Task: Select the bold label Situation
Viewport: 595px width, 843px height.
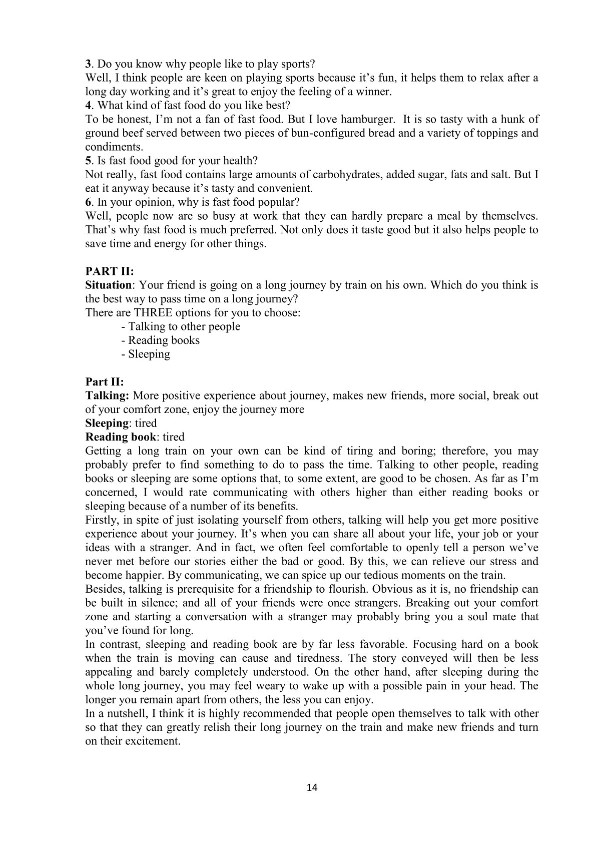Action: click(x=108, y=285)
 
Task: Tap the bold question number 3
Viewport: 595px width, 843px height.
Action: click(x=88, y=64)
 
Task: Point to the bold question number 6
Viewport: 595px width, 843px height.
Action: click(x=88, y=203)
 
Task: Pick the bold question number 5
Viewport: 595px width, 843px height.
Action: click(x=88, y=161)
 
